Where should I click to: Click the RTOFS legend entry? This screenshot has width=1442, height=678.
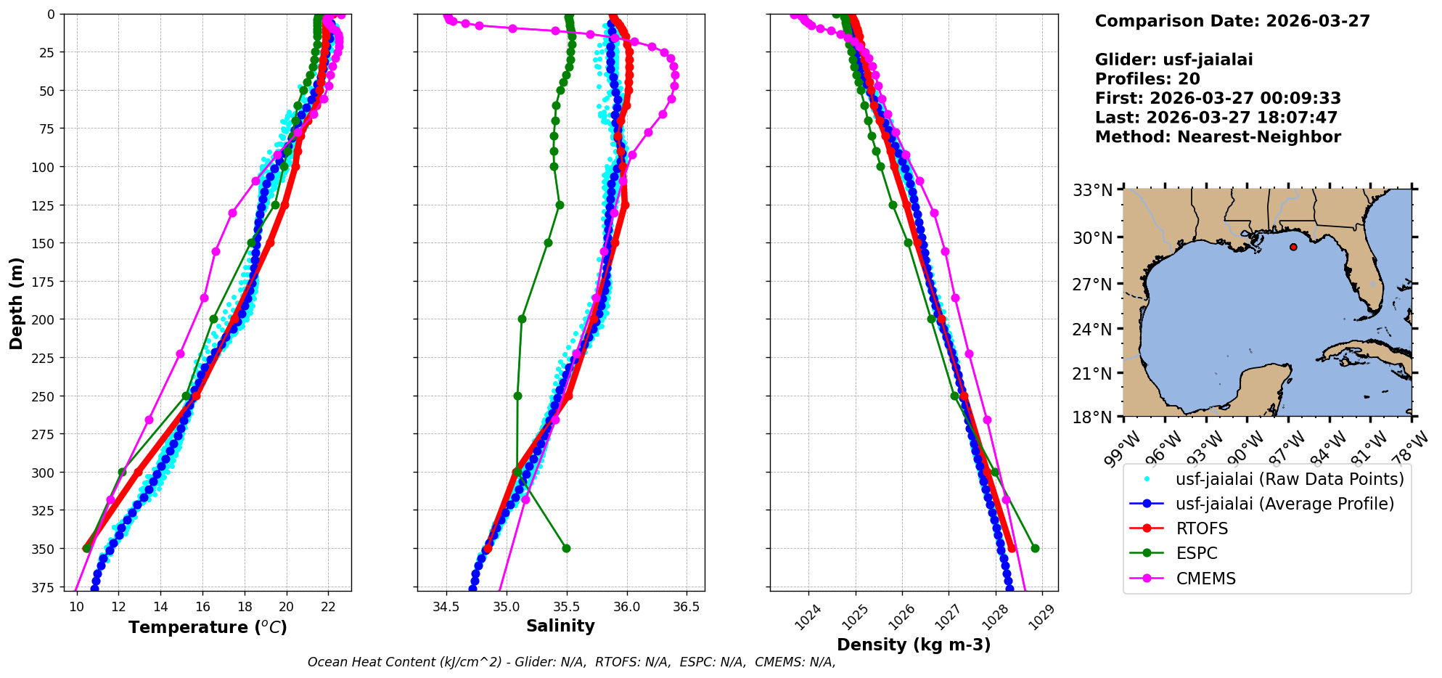coord(1202,528)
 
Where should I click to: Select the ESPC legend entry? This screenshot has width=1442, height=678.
coord(1197,553)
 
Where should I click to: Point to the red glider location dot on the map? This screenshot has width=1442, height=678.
coord(1293,247)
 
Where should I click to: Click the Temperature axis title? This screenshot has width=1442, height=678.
coord(208,627)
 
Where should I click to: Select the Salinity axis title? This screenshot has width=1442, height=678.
coord(560,626)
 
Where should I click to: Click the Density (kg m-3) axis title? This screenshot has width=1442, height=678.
coord(914,645)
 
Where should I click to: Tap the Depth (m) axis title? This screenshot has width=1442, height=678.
coord(16,303)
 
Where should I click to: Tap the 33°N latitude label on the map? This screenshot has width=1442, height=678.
coord(1092,190)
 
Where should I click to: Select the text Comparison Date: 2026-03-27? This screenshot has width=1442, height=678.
coord(1232,21)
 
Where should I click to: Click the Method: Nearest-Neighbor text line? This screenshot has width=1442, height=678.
coord(1218,136)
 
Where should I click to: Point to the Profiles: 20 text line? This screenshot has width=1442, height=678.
coord(1147,79)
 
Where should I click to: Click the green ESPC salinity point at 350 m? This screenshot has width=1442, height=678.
coord(566,548)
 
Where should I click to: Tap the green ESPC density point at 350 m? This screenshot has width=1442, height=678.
coord(1035,548)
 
